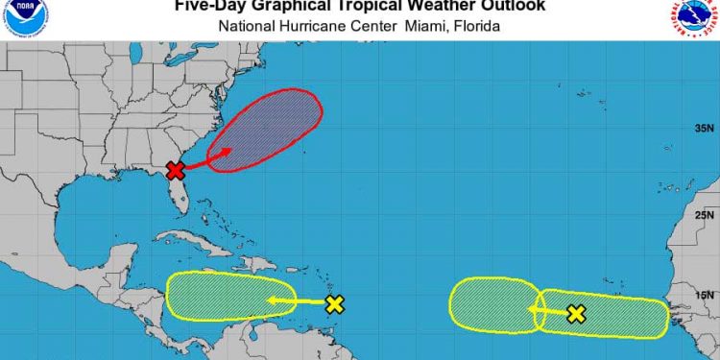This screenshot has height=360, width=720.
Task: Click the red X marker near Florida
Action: click(x=175, y=171)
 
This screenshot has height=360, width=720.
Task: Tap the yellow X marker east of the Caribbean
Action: click(x=334, y=304)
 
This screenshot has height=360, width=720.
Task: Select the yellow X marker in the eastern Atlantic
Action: click(x=575, y=314)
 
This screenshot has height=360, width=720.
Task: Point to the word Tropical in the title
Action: click(x=390, y=7)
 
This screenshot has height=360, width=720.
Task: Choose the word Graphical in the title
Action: click(x=299, y=7)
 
